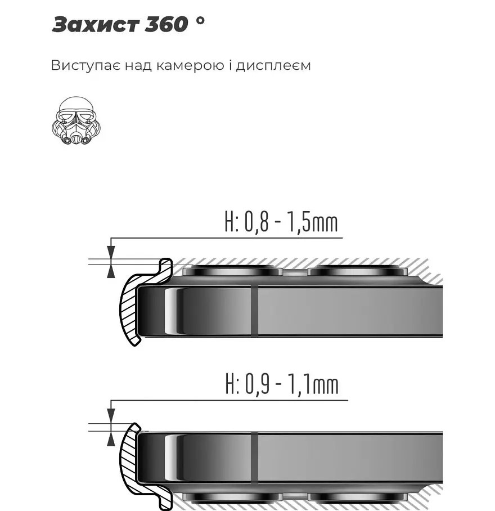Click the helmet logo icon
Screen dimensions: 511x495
[x=76, y=120]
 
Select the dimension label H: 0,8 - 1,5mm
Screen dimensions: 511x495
[x=281, y=223]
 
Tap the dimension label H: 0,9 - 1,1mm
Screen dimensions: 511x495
[x=282, y=386]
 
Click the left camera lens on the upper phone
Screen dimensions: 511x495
[x=232, y=270]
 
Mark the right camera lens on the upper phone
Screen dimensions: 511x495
[x=358, y=270]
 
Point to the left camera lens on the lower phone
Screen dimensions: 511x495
[x=232, y=497]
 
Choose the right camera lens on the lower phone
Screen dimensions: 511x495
[x=358, y=497]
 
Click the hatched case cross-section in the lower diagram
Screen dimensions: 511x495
[x=128, y=456]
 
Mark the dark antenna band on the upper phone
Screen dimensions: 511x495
[x=254, y=311]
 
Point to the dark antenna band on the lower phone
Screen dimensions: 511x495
[x=254, y=458]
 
